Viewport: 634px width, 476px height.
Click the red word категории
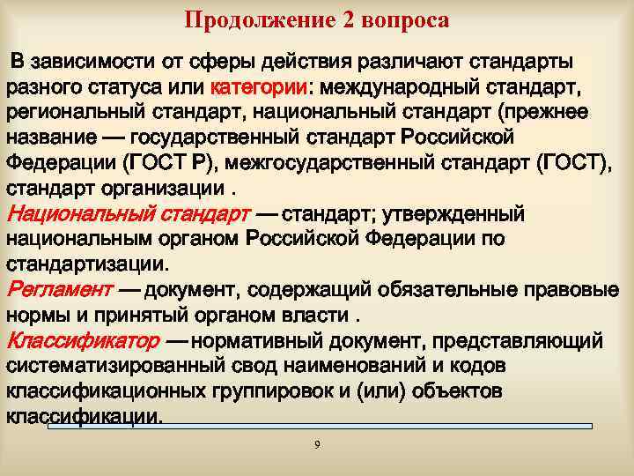coord(259,87)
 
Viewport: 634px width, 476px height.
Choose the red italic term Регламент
coord(59,290)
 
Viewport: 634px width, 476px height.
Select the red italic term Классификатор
coord(83,340)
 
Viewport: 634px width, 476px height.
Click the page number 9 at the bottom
coord(317,443)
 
